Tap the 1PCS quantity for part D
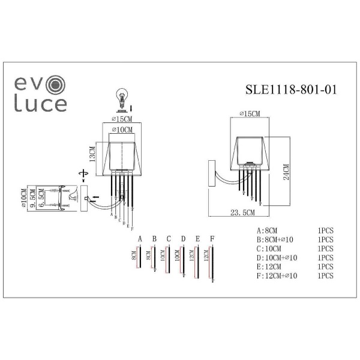click(x=325, y=257)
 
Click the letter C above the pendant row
click(x=169, y=239)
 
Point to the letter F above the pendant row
click(x=212, y=239)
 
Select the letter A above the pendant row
click(x=140, y=239)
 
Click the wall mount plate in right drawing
click(x=211, y=173)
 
